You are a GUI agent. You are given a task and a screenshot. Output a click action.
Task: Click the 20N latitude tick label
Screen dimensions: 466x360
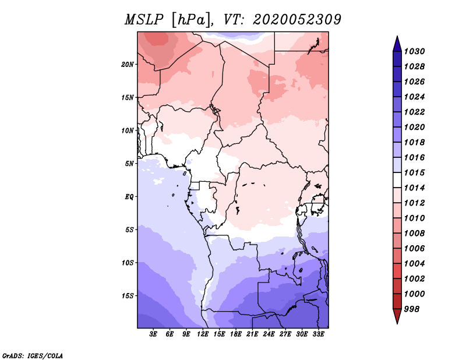[x=128, y=65]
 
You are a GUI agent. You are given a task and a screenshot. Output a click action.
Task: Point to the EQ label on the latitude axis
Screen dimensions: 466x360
[x=129, y=197]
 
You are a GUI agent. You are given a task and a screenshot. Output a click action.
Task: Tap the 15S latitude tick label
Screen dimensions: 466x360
[x=128, y=296]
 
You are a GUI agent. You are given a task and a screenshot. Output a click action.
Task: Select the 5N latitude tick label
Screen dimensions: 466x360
[x=129, y=164]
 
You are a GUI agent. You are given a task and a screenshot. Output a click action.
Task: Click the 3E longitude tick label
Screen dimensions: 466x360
[x=153, y=334]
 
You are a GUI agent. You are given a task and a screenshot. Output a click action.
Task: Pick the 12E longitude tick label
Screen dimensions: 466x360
[x=203, y=334]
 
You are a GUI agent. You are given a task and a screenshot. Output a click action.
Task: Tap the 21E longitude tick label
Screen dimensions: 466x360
[x=252, y=334]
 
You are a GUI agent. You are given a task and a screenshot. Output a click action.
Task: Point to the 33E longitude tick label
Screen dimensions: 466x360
[x=318, y=334]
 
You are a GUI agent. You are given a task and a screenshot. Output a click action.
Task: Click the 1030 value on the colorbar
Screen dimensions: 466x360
[x=415, y=51]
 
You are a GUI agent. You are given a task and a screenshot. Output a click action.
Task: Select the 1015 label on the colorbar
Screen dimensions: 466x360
[x=415, y=172]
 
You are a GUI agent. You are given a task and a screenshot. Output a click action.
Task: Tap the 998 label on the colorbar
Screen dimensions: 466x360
[x=412, y=309]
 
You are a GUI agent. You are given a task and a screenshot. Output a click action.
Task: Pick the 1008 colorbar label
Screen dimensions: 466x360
[x=415, y=234]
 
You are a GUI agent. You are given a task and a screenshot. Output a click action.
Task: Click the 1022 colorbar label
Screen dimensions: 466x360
[x=415, y=112]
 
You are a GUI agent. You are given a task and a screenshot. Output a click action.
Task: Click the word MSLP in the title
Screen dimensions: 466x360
[x=144, y=20]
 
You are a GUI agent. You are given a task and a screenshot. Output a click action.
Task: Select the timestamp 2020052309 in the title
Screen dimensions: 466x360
[x=297, y=20]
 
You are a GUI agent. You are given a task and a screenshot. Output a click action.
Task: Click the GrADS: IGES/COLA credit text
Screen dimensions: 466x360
[x=33, y=355]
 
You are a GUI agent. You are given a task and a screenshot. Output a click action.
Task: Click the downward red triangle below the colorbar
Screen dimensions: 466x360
[x=397, y=316]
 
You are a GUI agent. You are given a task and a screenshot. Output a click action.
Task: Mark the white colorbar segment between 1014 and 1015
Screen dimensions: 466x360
[x=397, y=180]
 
